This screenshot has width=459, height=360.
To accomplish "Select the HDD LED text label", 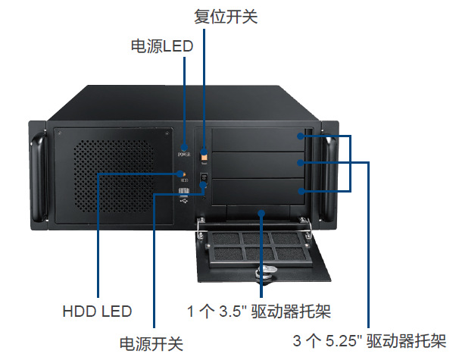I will click(x=98, y=311).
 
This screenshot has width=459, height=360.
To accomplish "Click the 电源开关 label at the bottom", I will click(x=151, y=343).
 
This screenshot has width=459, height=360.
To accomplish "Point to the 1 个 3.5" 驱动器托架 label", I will click(x=259, y=311).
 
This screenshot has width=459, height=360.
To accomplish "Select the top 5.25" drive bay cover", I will click(x=261, y=140).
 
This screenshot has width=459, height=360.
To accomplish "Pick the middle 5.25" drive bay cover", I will click(x=261, y=164).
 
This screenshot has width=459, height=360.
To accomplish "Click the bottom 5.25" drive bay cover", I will click(x=261, y=189).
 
